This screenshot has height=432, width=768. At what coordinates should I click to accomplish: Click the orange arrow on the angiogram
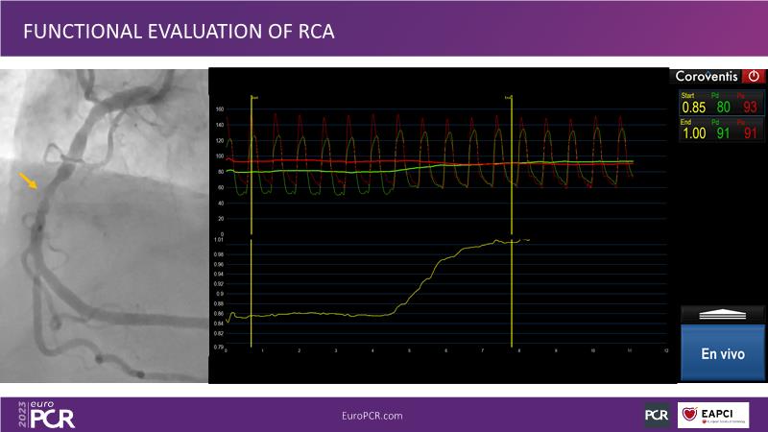[x=30, y=180]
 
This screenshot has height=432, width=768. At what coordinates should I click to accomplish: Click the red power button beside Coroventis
[x=754, y=76]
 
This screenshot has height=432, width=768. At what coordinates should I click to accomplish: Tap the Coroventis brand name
[x=709, y=76]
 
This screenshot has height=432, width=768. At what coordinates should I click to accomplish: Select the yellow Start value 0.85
[x=693, y=107]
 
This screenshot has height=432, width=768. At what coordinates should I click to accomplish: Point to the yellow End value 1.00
[x=693, y=133]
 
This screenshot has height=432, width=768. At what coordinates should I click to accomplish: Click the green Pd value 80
[x=724, y=107]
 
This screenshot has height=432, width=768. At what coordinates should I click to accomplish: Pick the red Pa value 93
[x=751, y=107]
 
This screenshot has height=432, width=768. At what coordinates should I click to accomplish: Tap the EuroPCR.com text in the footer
[x=372, y=415]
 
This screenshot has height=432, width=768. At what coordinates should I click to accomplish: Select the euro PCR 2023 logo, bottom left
[x=46, y=414]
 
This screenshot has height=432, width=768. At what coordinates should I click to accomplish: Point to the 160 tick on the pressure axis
[x=219, y=109]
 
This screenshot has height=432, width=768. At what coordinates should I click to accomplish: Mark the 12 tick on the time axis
[x=665, y=350]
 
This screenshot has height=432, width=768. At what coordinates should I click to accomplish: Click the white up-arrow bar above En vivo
[x=723, y=314]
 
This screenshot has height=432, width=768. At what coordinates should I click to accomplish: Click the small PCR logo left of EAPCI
[x=657, y=415]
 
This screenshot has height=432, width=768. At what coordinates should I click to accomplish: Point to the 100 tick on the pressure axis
[x=219, y=156]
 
